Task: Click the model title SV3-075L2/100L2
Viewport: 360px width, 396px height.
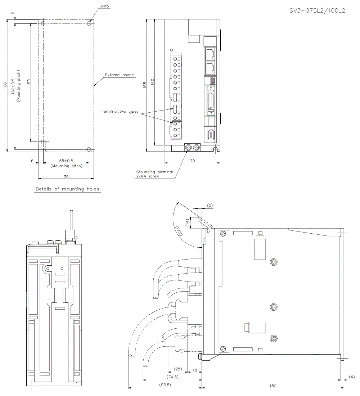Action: tap(317, 10)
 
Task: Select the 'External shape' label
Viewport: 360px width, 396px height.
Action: tap(119, 75)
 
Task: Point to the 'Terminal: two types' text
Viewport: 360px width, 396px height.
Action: tap(120, 112)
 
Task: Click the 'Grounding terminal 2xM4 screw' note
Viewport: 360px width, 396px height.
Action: tap(154, 174)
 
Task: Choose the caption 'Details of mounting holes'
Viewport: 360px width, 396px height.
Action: tap(67, 189)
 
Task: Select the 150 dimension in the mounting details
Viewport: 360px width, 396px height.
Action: tap(29, 82)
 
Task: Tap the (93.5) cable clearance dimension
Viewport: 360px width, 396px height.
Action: tap(165, 385)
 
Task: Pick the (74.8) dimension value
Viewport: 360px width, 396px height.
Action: tap(172, 377)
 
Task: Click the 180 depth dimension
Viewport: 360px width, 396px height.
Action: tap(273, 386)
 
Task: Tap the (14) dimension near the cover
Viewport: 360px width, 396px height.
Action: tap(188, 222)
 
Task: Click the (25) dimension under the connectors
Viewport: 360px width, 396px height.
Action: tap(177, 369)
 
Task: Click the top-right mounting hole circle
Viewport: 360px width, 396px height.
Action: tap(89, 23)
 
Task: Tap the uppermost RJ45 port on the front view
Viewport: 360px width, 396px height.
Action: tap(210, 54)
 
